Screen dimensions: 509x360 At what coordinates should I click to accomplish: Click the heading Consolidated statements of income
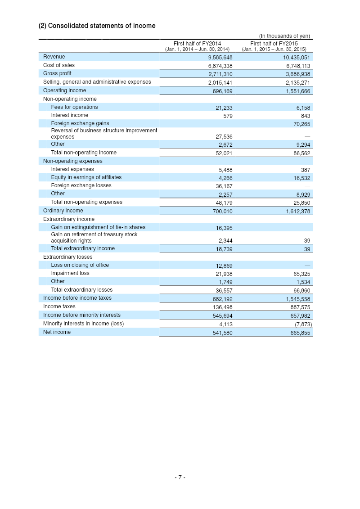pyautogui.click(x=97, y=26)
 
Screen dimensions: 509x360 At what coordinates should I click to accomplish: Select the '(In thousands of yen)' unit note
pyautogui.click(x=284, y=36)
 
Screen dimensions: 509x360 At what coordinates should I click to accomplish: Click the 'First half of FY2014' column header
pyautogui.click(x=197, y=44)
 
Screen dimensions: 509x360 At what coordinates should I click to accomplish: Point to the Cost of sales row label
pyautogui.click(x=59, y=65)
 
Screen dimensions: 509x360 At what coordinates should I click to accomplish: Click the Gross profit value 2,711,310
pyautogui.click(x=220, y=74)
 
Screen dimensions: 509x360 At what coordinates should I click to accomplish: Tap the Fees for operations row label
pyautogui.click(x=74, y=107)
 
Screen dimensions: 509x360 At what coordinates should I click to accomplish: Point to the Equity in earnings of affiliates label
pyautogui.click(x=86, y=177)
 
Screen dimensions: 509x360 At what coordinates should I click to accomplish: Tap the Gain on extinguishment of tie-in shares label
pyautogui.click(x=98, y=227)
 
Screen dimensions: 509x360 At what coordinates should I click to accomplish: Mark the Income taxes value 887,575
pyautogui.click(x=299, y=307)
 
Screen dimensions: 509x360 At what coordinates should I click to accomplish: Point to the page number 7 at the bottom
pyautogui.click(x=180, y=477)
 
